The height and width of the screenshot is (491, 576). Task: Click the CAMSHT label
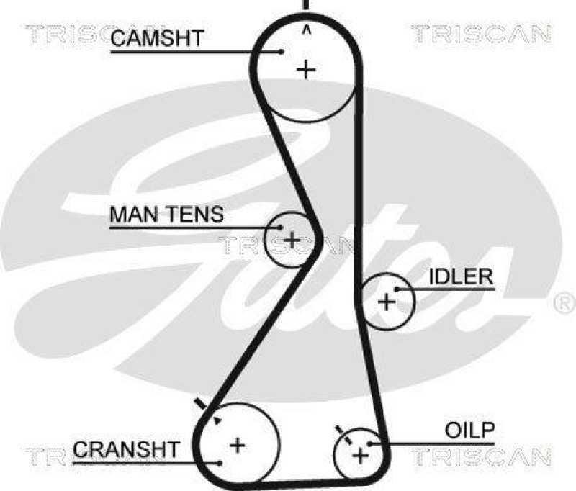[157, 39]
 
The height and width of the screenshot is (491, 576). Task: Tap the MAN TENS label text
[166, 215]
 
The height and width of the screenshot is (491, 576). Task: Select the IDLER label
[461, 276]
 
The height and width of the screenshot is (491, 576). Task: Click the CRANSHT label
[125, 450]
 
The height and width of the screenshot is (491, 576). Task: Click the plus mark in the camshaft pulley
[307, 70]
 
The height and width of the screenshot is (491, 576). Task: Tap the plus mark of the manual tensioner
[292, 239]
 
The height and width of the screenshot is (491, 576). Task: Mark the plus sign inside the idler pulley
[387, 301]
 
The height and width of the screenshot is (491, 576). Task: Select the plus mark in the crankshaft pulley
[237, 444]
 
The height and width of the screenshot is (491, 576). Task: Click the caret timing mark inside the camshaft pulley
[307, 30]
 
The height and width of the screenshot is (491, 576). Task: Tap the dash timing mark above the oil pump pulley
[340, 431]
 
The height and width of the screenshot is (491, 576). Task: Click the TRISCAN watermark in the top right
[480, 33]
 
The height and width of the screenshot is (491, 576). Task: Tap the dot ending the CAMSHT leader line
[281, 51]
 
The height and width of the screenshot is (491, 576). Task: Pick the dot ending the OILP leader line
[369, 443]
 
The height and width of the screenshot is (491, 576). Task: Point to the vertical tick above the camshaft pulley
[307, 4]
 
